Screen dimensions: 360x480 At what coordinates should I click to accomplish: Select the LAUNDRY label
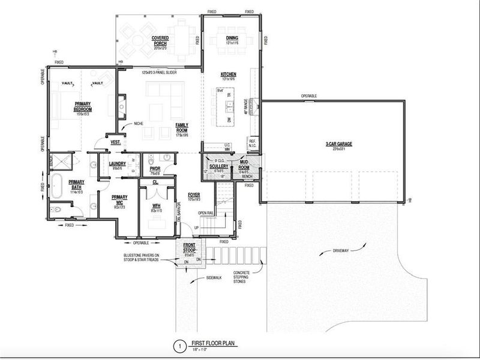(116, 163)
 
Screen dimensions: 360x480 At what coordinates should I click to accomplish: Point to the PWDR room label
(154, 170)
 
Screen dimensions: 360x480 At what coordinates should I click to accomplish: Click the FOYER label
(194, 195)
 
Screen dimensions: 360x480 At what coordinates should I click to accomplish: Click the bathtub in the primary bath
(56, 187)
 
